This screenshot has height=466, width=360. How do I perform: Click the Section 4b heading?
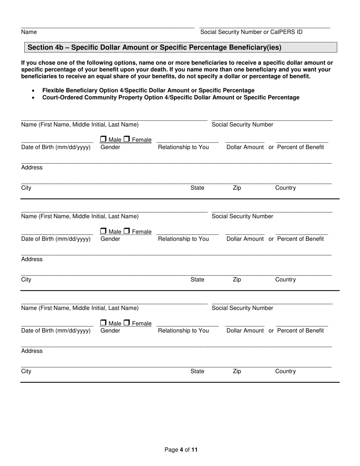point(155,47)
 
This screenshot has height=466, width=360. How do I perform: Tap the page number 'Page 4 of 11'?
point(181,450)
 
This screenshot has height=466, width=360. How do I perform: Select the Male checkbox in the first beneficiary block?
point(103,139)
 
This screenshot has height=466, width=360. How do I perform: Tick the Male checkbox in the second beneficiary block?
point(103,231)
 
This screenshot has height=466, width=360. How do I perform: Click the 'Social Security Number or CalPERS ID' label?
point(251,32)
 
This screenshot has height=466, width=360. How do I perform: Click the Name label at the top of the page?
point(29,32)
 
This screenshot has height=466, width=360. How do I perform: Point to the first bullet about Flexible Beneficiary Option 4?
point(148,90)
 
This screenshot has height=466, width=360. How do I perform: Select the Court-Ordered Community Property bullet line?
point(171,97)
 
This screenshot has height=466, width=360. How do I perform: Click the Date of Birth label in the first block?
point(56,147)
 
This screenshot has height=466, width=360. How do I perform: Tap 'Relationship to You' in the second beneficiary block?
point(183,239)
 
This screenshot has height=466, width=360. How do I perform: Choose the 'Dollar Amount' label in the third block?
point(245,330)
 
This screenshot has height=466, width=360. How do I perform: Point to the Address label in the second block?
point(32,259)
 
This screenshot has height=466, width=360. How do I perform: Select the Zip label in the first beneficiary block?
point(236,188)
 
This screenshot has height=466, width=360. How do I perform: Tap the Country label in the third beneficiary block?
point(285,371)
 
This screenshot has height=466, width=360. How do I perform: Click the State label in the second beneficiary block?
point(197,280)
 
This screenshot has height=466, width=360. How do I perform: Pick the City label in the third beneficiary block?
point(26,371)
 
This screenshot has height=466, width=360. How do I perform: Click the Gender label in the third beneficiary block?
point(110,330)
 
